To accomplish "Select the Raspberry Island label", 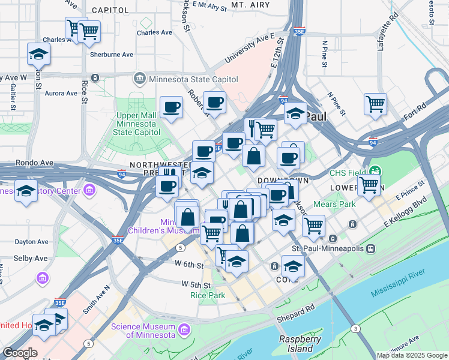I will click(x=300, y=344).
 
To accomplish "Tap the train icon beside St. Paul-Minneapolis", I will click(x=372, y=248).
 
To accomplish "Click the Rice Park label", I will click(x=207, y=295).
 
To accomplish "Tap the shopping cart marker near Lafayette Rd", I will click(x=375, y=104).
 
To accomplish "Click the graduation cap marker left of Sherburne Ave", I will click(x=38, y=55).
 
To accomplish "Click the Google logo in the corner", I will click(x=20, y=353).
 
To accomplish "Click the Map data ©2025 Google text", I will click(x=411, y=355).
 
